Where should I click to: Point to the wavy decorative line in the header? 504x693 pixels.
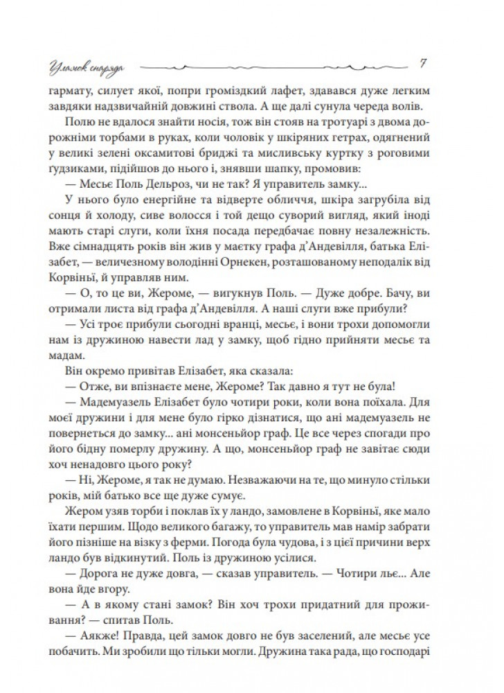pyautogui.click(x=277, y=68)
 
